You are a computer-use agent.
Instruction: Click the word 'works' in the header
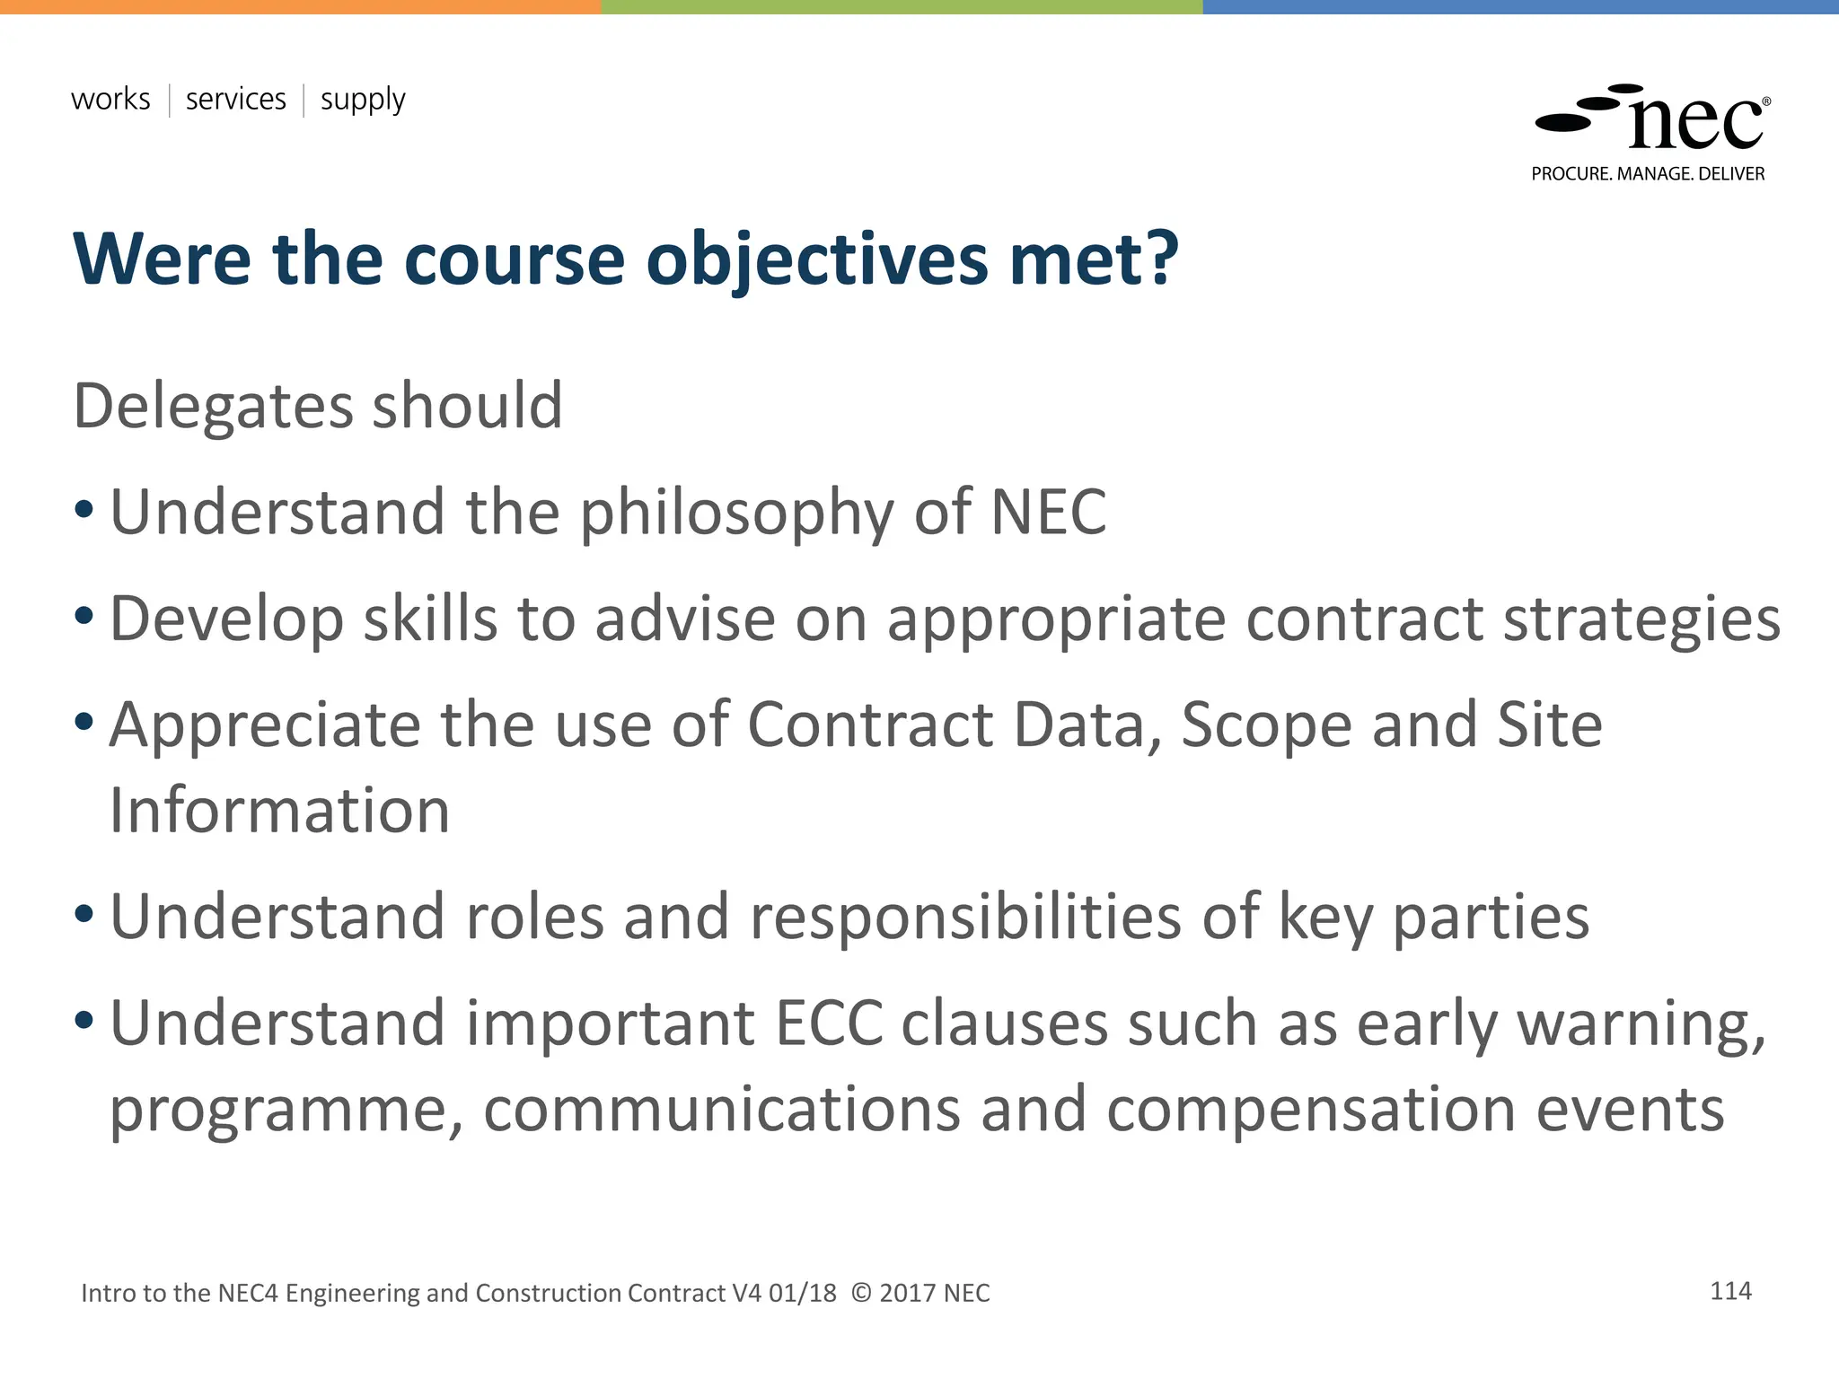(x=110, y=99)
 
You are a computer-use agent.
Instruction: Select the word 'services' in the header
(x=235, y=99)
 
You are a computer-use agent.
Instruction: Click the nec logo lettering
(x=1695, y=123)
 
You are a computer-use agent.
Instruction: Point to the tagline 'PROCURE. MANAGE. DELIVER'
(x=1648, y=174)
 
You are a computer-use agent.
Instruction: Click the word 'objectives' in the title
(x=816, y=260)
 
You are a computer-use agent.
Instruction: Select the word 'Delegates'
(x=211, y=408)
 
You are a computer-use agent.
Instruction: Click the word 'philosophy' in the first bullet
(x=736, y=514)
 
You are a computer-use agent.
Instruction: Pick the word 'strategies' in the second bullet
(x=1641, y=619)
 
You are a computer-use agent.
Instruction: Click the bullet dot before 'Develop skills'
(x=84, y=616)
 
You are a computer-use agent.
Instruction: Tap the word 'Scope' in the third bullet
(x=1266, y=725)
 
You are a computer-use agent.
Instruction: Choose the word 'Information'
(x=279, y=811)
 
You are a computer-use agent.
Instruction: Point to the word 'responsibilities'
(x=964, y=918)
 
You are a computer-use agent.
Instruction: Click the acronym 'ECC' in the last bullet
(x=828, y=1023)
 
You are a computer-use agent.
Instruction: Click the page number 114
(x=1730, y=1291)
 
